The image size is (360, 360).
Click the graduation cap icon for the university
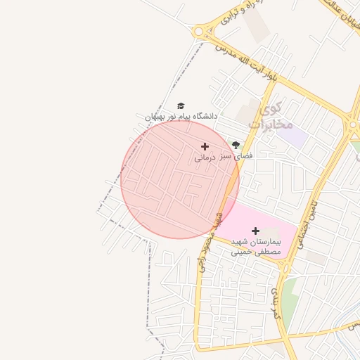point(181,105)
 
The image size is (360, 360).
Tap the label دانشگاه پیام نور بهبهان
point(181,116)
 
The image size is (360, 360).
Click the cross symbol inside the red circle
point(205,146)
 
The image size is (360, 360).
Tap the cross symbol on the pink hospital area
point(255,231)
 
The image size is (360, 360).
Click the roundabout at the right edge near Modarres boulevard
point(354,127)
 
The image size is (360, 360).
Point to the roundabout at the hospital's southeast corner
point(285,265)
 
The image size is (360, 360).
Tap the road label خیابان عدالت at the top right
point(338,11)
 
